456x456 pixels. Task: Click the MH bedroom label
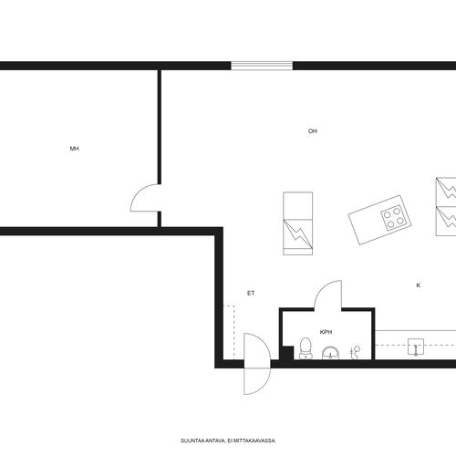[75, 149]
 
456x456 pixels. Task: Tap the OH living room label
[313, 131]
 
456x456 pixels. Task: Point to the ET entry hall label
[251, 294]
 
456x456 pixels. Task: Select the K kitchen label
[419, 285]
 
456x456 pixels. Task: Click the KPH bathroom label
[326, 332]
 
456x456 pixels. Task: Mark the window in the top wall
[262, 66]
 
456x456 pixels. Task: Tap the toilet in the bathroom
[306, 348]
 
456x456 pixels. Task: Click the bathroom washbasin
[331, 353]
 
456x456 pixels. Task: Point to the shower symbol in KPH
[355, 353]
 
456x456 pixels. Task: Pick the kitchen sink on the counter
[416, 347]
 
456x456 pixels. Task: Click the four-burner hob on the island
[394, 218]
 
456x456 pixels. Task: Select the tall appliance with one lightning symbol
[298, 223]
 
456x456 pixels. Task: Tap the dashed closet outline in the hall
[229, 333]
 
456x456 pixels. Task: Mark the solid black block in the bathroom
[286, 353]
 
